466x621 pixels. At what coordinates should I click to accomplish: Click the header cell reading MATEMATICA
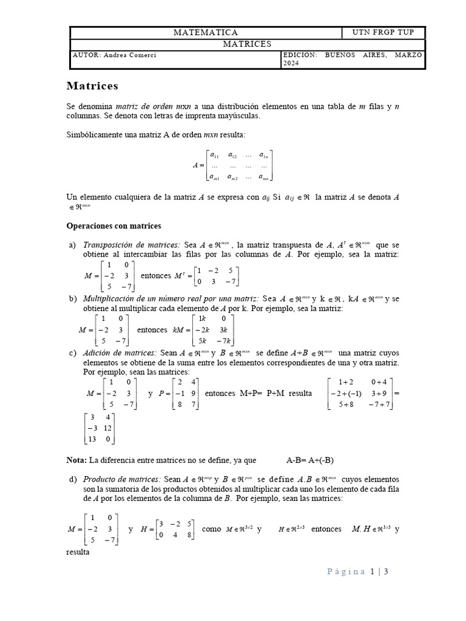(x=206, y=33)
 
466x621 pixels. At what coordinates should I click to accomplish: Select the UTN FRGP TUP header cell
(x=384, y=33)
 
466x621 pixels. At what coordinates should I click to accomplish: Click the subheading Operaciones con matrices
(x=113, y=226)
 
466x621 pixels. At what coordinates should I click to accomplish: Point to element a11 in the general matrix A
(x=214, y=155)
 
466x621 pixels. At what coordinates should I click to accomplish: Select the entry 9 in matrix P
(x=192, y=393)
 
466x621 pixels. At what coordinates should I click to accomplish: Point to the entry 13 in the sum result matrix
(x=93, y=439)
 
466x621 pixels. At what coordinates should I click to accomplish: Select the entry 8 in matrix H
(x=190, y=535)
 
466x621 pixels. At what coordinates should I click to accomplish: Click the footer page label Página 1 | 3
(x=358, y=571)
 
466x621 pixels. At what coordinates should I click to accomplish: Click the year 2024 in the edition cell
(x=292, y=63)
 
